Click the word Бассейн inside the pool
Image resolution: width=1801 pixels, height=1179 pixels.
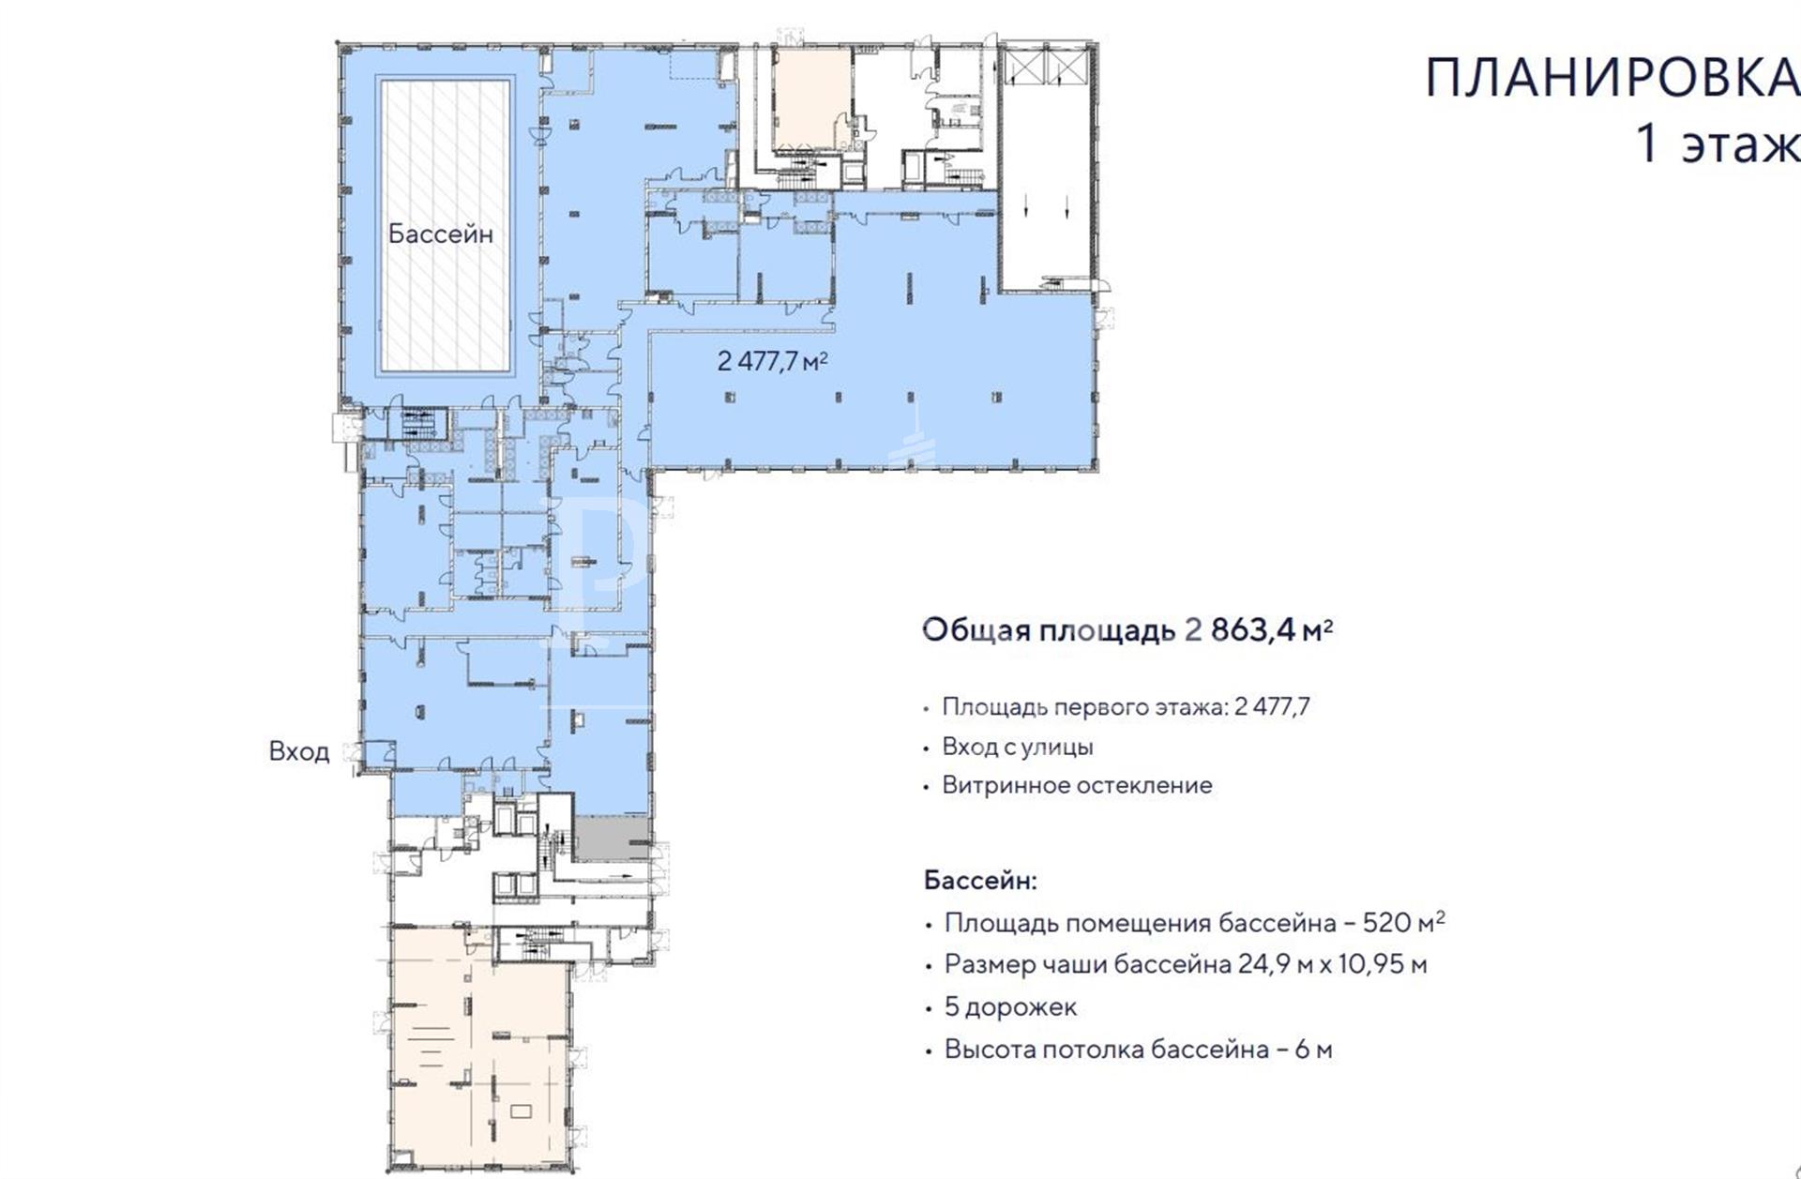click(440, 234)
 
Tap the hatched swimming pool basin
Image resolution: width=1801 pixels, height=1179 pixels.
click(446, 224)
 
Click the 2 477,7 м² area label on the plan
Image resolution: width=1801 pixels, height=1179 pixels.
click(772, 361)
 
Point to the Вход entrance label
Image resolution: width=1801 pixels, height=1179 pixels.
click(299, 751)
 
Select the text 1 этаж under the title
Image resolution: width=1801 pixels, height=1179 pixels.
click(1718, 145)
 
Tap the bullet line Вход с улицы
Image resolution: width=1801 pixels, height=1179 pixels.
click(1018, 747)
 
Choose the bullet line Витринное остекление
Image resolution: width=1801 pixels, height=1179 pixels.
click(1077, 785)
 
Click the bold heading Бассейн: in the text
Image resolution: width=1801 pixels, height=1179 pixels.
click(980, 881)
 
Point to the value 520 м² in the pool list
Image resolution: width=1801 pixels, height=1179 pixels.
click(1403, 922)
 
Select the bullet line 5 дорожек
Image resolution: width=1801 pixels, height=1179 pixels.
click(1010, 1007)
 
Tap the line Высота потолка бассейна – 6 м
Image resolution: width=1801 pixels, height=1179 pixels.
click(1138, 1049)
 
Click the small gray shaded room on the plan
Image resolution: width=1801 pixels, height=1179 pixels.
click(611, 837)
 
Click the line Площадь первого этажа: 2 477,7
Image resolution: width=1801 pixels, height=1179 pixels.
click(1126, 706)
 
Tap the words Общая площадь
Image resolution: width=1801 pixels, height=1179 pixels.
click(1049, 630)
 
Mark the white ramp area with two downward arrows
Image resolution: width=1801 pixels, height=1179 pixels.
click(1045, 169)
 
